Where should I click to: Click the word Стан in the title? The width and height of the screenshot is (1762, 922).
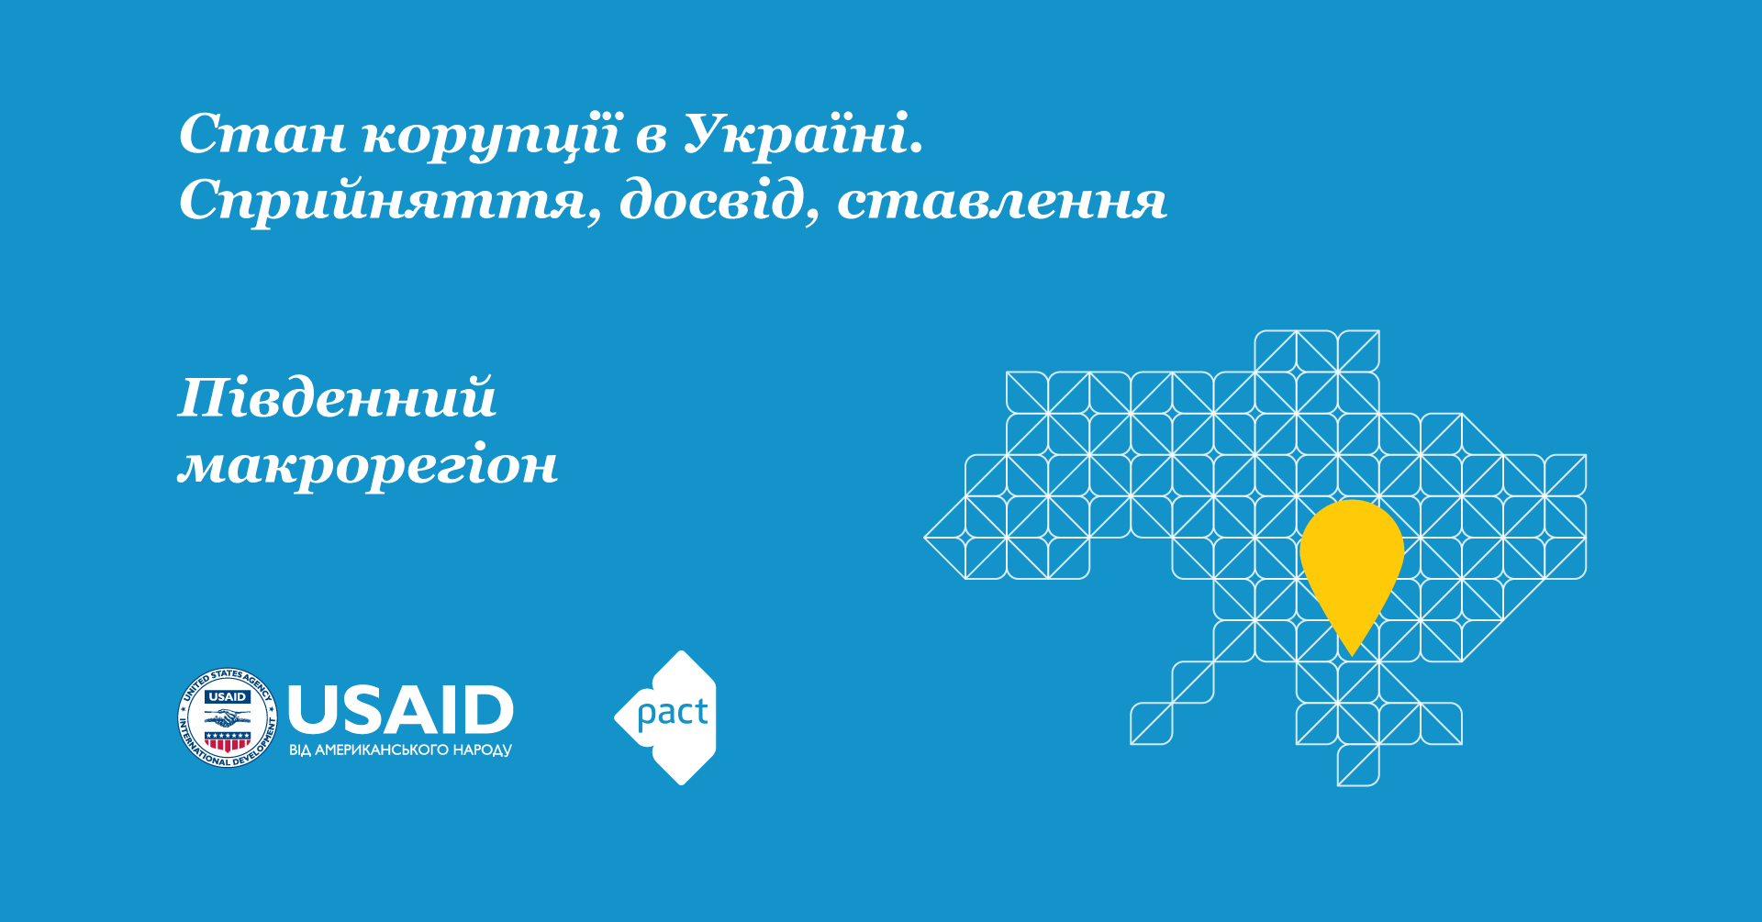click(x=262, y=134)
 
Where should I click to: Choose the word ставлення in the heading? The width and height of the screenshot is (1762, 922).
click(x=1001, y=201)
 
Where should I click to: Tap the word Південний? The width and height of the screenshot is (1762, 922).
click(x=337, y=397)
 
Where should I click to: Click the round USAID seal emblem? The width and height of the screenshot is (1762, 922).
click(x=227, y=717)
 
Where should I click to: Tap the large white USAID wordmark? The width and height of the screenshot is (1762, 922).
click(x=400, y=709)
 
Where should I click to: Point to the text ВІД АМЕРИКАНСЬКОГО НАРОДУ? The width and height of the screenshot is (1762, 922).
click(x=400, y=750)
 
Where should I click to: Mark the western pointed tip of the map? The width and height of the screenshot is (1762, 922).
click(x=924, y=538)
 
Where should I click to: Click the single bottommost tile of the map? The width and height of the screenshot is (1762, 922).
click(x=1358, y=765)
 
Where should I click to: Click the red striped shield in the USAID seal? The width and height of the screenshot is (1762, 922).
click(x=227, y=740)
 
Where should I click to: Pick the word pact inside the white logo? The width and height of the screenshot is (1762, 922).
click(x=673, y=712)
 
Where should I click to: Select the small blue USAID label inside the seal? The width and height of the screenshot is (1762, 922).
click(x=227, y=696)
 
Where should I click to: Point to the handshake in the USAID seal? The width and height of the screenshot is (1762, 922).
click(x=227, y=717)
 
